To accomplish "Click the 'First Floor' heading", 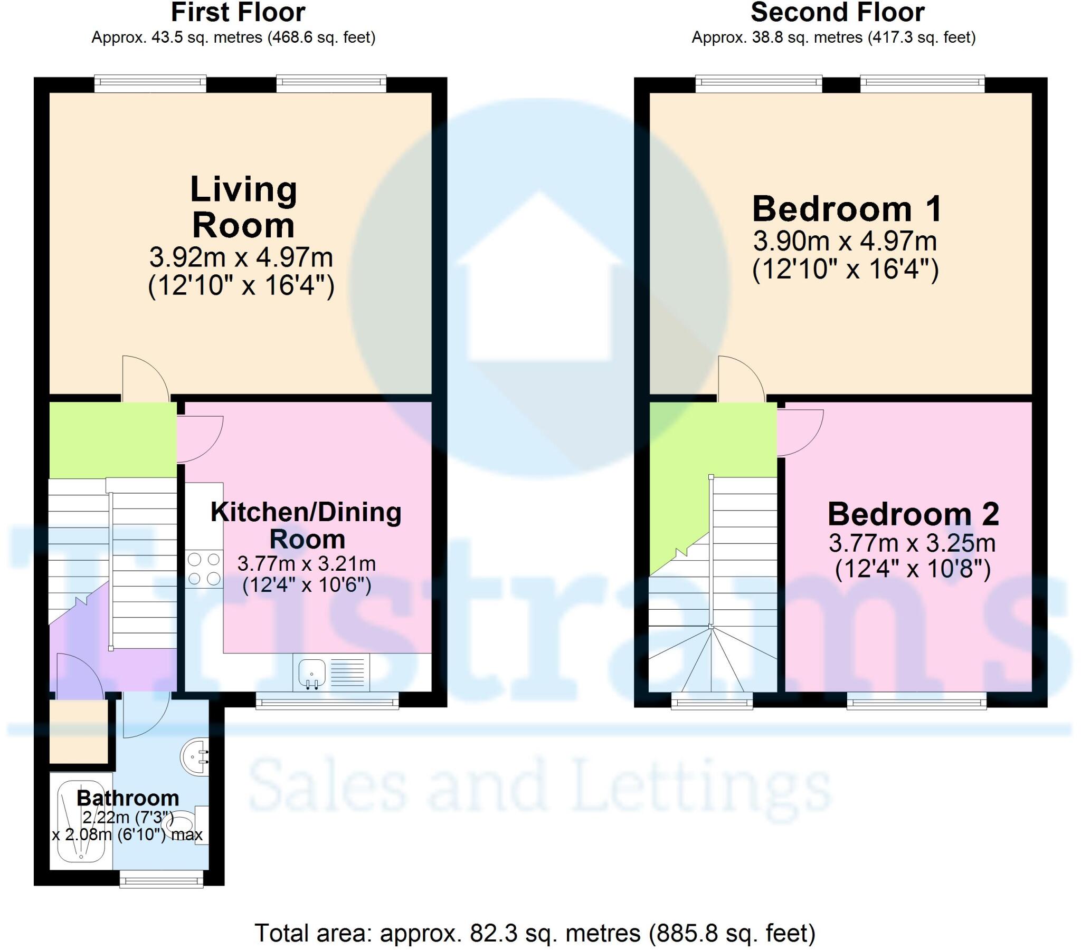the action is [x=238, y=12].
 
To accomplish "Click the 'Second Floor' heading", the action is [x=838, y=12].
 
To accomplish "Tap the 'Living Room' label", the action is [x=243, y=207].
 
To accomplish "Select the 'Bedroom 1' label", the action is [x=847, y=209].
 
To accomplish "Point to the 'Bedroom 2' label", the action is [x=913, y=514].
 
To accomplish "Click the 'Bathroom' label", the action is [x=128, y=798].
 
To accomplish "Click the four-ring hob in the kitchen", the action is [x=204, y=569].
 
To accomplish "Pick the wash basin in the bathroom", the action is [x=195, y=757].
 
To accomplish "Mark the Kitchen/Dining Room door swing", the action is [x=200, y=439].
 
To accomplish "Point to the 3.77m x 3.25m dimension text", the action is [x=912, y=543].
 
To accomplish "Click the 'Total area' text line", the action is [x=535, y=933].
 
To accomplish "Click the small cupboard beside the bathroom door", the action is [x=78, y=732].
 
